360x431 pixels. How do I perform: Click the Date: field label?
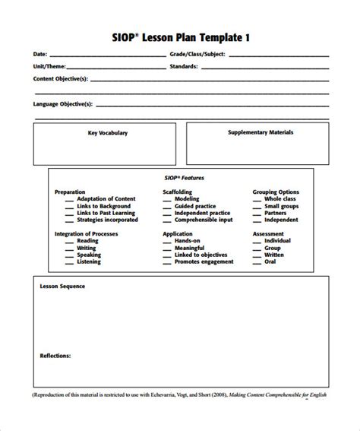[39, 55]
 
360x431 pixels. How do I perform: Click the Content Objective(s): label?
[61, 78]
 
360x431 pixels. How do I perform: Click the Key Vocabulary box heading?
[108, 133]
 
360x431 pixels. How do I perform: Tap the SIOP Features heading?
[179, 177]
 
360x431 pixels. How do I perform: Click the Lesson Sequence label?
[62, 287]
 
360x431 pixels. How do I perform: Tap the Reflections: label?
[55, 355]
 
